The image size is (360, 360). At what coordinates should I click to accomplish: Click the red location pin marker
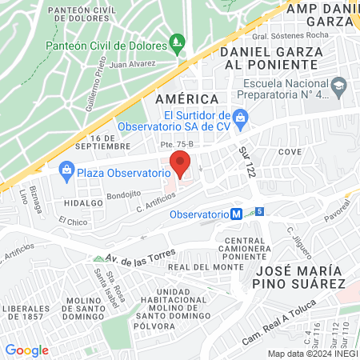tap(181, 166)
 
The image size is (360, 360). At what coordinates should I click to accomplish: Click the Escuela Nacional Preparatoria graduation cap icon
tap(340, 84)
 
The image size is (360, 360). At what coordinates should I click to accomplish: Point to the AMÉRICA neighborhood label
tap(186, 98)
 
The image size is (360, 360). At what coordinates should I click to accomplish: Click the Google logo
tap(26, 350)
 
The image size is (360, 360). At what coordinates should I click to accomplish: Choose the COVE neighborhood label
tap(290, 151)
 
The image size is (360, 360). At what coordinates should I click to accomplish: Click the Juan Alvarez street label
tap(132, 64)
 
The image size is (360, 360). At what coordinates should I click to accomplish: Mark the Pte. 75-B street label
tap(178, 145)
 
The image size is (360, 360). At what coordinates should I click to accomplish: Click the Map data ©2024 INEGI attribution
tap(312, 354)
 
